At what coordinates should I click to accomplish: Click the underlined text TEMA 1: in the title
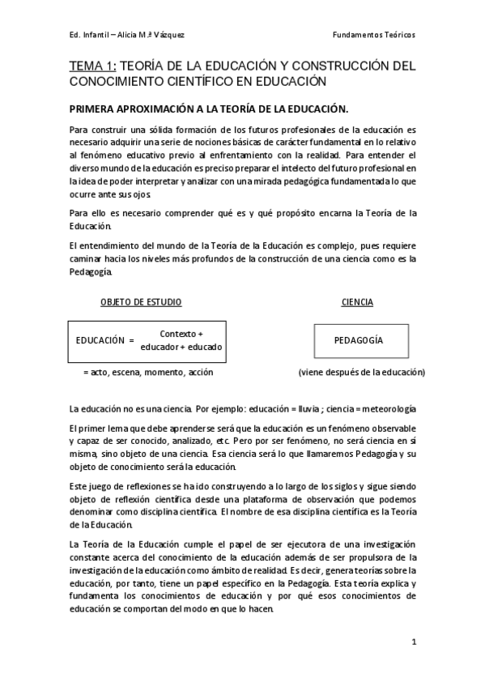point(93,66)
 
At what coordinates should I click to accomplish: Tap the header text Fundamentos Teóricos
point(375,36)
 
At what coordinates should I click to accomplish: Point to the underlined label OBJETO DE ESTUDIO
point(141,302)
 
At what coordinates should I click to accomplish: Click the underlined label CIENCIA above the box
point(357,302)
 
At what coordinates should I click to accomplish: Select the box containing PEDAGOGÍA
point(358,340)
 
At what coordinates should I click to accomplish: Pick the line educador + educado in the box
point(181,348)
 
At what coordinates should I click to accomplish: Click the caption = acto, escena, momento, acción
point(137,373)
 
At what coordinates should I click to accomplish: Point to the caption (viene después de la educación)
point(361,373)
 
